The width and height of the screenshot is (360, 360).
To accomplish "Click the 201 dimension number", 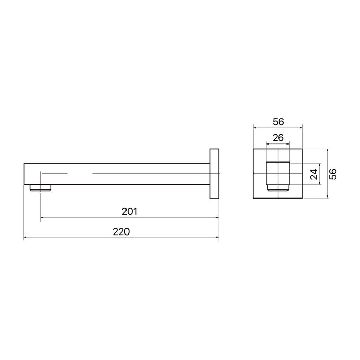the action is coord(130,212).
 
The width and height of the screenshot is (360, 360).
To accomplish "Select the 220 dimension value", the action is coord(121,231).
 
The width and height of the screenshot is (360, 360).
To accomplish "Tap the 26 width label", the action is coord(278,138).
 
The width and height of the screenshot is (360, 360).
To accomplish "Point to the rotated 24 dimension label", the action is coord(314,174).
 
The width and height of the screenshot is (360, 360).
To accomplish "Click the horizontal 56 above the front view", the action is coord(278,122).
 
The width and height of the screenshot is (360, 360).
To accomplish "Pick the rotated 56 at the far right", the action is coord(333,174).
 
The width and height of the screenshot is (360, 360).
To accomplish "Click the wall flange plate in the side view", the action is coord(214,174).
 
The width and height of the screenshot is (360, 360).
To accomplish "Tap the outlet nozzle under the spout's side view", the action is coord(41,188).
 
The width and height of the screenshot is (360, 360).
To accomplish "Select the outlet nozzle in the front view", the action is coord(278,188).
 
